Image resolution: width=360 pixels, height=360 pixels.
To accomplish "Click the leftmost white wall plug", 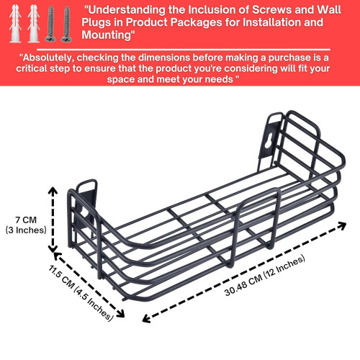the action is pyautogui.click(x=15, y=24).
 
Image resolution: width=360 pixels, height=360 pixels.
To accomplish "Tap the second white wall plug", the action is pyautogui.click(x=33, y=24).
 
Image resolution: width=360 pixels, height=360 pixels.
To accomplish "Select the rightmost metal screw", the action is pyautogui.click(x=66, y=24).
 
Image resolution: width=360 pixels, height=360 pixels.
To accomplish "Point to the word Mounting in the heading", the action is pyautogui.click(x=107, y=35).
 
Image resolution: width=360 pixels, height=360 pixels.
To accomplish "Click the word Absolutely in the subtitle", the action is pyautogui.click(x=48, y=58).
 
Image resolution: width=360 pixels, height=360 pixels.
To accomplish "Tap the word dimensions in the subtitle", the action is pyautogui.click(x=164, y=58).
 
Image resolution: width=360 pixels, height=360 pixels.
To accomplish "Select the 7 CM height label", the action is pyautogui.click(x=26, y=220).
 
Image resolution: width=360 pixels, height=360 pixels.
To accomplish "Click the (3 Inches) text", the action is pyautogui.click(x=26, y=230).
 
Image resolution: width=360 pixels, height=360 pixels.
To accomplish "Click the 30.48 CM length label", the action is pyautogui.click(x=243, y=285).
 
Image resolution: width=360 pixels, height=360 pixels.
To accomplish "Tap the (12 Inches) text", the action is pyautogui.click(x=284, y=266).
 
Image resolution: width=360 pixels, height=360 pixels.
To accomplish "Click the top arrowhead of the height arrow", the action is pyautogui.click(x=53, y=191).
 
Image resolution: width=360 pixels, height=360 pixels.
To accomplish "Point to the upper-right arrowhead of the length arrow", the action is pyautogui.click(x=342, y=225).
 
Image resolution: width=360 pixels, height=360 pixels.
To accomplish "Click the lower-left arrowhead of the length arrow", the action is pyautogui.click(x=146, y=319).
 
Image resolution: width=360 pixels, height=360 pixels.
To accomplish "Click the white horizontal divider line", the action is pyautogui.click(x=184, y=50).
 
